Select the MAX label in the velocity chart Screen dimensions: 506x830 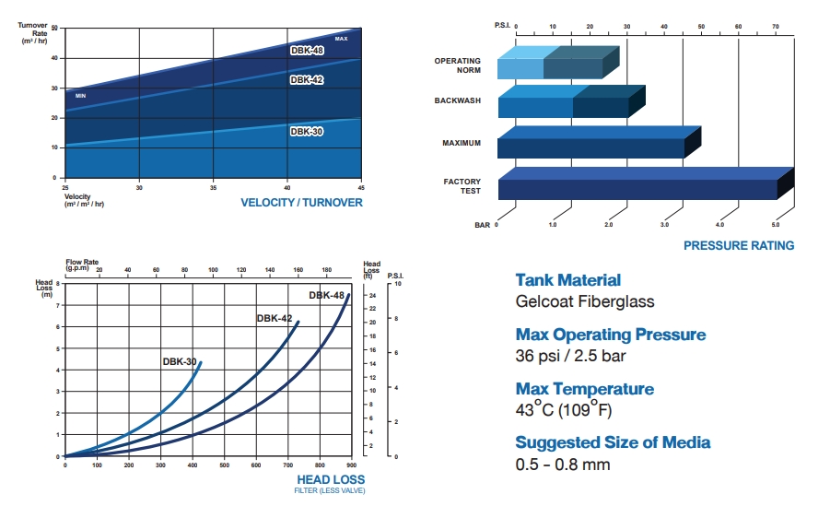341,39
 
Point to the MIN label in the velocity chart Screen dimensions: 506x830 80,96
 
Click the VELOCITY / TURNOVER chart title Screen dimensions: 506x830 301,203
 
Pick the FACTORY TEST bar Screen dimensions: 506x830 637,189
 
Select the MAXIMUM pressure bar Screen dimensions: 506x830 590,147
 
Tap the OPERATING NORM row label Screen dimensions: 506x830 458,65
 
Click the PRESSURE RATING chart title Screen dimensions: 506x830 739,245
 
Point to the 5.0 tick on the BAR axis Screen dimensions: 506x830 776,225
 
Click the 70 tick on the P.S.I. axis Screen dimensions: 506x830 776,27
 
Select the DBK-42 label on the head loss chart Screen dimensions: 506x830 274,318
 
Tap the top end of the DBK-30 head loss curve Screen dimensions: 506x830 200,362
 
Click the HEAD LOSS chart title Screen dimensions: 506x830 331,479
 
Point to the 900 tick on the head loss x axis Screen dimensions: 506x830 352,466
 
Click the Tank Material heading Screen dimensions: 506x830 567,280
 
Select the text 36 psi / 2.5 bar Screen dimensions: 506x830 567,356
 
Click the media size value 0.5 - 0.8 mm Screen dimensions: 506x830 563,464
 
